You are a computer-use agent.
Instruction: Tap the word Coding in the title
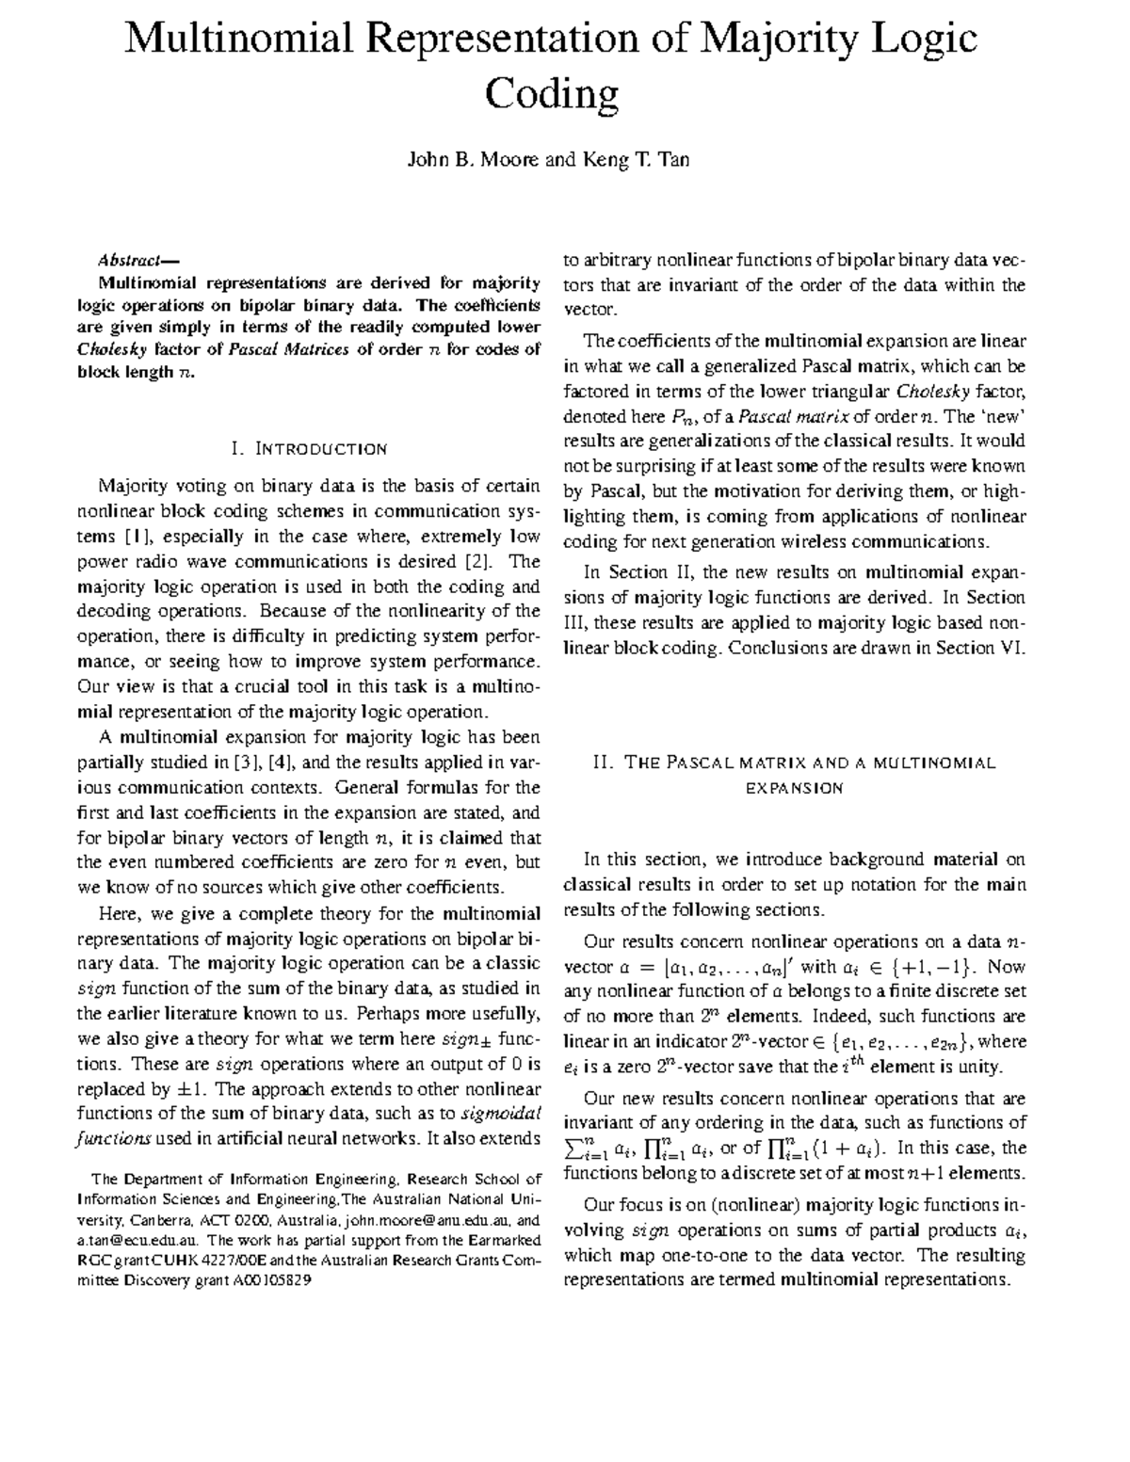[x=552, y=94]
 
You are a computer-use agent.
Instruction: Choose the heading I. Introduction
[x=308, y=448]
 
